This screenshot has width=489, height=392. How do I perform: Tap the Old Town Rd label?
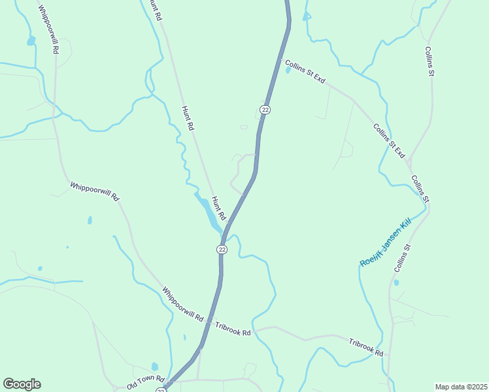146,382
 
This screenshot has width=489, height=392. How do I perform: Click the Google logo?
22,384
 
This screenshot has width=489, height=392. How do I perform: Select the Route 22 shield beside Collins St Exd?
265,110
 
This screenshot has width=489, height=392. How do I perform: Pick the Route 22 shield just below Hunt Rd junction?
222,250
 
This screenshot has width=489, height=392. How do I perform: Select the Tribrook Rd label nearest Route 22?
233,329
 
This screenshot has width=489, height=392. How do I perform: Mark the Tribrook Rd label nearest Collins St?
366,347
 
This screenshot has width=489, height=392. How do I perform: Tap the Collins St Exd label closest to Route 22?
305,71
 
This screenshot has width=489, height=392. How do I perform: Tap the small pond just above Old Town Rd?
155,367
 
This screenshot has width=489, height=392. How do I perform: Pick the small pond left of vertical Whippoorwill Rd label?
30,41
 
